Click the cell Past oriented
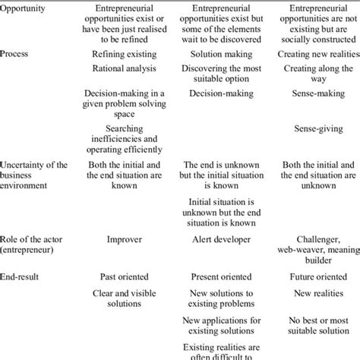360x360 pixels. coord(124,277)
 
